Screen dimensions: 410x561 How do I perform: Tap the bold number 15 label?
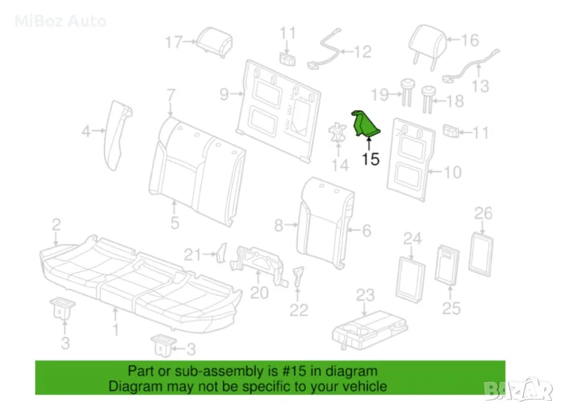(370, 159)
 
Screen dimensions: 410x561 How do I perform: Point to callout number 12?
(362, 51)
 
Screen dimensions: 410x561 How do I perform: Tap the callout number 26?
(484, 213)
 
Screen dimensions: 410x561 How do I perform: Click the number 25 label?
(451, 308)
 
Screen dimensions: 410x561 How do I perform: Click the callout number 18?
(454, 102)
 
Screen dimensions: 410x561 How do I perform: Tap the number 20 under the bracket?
(259, 292)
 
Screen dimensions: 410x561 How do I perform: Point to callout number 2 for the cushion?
(56, 224)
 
